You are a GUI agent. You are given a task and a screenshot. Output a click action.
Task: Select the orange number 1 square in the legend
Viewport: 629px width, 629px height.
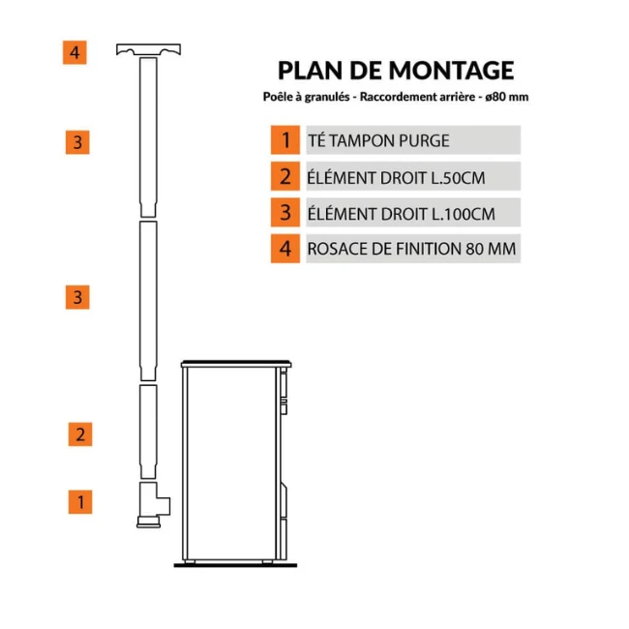(285, 139)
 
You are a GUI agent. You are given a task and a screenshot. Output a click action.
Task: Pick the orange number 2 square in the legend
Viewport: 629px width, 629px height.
(285, 175)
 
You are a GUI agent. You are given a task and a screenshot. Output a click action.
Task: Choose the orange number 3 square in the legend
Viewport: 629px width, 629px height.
(285, 212)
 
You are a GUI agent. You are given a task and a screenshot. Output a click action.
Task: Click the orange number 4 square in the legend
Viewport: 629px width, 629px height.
(285, 248)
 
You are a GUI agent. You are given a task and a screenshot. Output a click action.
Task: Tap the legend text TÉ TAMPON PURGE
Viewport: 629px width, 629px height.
(378, 140)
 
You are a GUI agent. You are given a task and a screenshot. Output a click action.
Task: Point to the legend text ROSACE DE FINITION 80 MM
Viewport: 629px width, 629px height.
(411, 248)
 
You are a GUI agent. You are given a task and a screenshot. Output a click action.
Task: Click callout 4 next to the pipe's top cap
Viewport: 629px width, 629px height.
(75, 51)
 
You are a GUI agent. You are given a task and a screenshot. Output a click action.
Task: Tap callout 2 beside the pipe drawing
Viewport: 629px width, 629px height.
(79, 434)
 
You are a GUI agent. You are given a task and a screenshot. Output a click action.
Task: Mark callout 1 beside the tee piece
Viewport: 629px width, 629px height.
(79, 502)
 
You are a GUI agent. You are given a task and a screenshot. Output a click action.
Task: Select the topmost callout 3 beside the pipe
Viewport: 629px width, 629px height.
(78, 142)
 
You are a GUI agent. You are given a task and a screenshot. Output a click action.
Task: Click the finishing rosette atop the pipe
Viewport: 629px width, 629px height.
(148, 49)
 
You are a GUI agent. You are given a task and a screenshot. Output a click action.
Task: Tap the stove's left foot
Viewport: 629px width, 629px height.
(197, 561)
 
